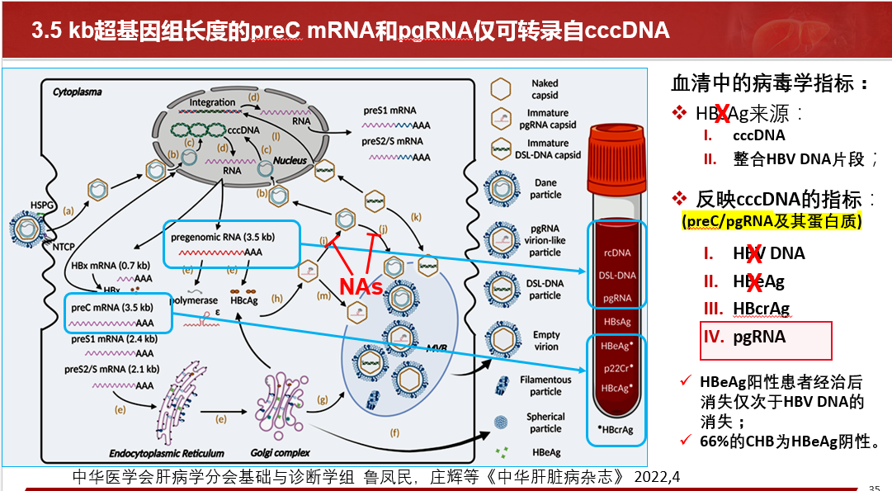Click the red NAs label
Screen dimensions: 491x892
[361, 286]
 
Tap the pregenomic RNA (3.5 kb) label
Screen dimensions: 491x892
[223, 237]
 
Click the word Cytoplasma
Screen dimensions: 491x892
[78, 92]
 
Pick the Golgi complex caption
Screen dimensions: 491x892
[280, 452]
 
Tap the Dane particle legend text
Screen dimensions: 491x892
[545, 189]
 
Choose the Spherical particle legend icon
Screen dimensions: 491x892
[501, 422]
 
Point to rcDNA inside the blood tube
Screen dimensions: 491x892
[616, 253]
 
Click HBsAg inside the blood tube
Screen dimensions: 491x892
[617, 321]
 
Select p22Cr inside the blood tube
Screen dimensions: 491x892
[616, 367]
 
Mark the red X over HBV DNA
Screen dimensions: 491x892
[754, 254]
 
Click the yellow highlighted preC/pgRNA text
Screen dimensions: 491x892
[772, 222]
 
